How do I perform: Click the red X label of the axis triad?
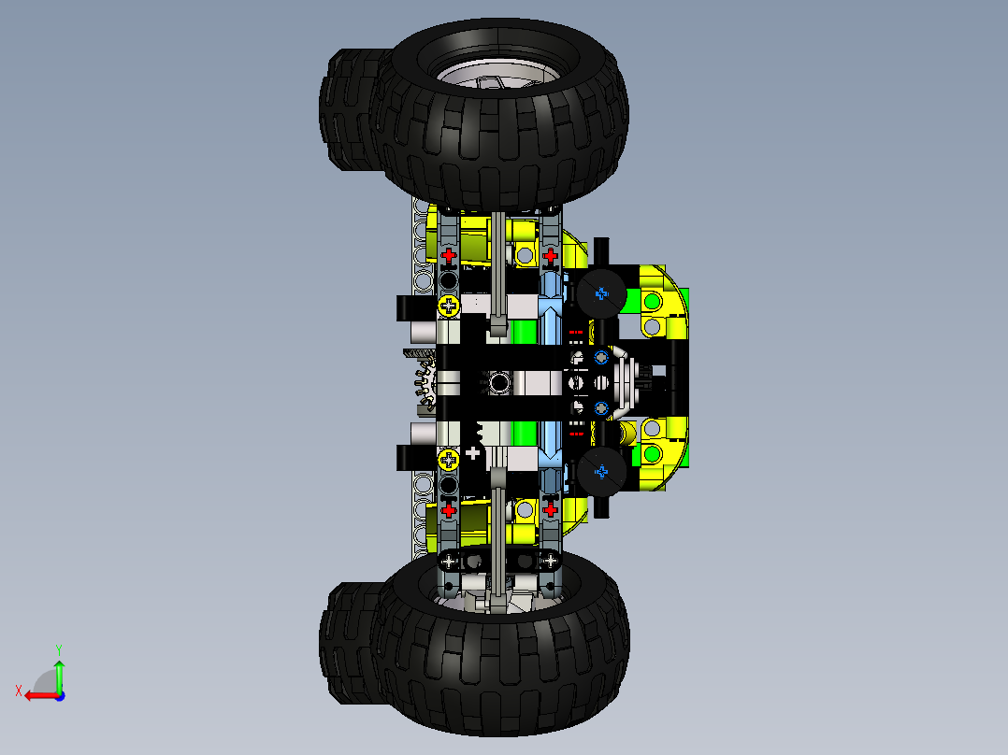(18, 691)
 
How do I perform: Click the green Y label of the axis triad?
(58, 648)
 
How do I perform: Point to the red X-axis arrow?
(37, 695)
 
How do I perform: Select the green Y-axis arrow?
(59, 673)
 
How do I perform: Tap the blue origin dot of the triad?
(59, 695)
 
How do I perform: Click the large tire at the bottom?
(505, 654)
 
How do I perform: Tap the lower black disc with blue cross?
(600, 473)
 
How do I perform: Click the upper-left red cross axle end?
(449, 255)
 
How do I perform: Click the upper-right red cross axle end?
(551, 255)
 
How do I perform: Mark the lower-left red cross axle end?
(449, 509)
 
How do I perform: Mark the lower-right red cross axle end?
(551, 509)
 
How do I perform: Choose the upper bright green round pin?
(651, 301)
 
